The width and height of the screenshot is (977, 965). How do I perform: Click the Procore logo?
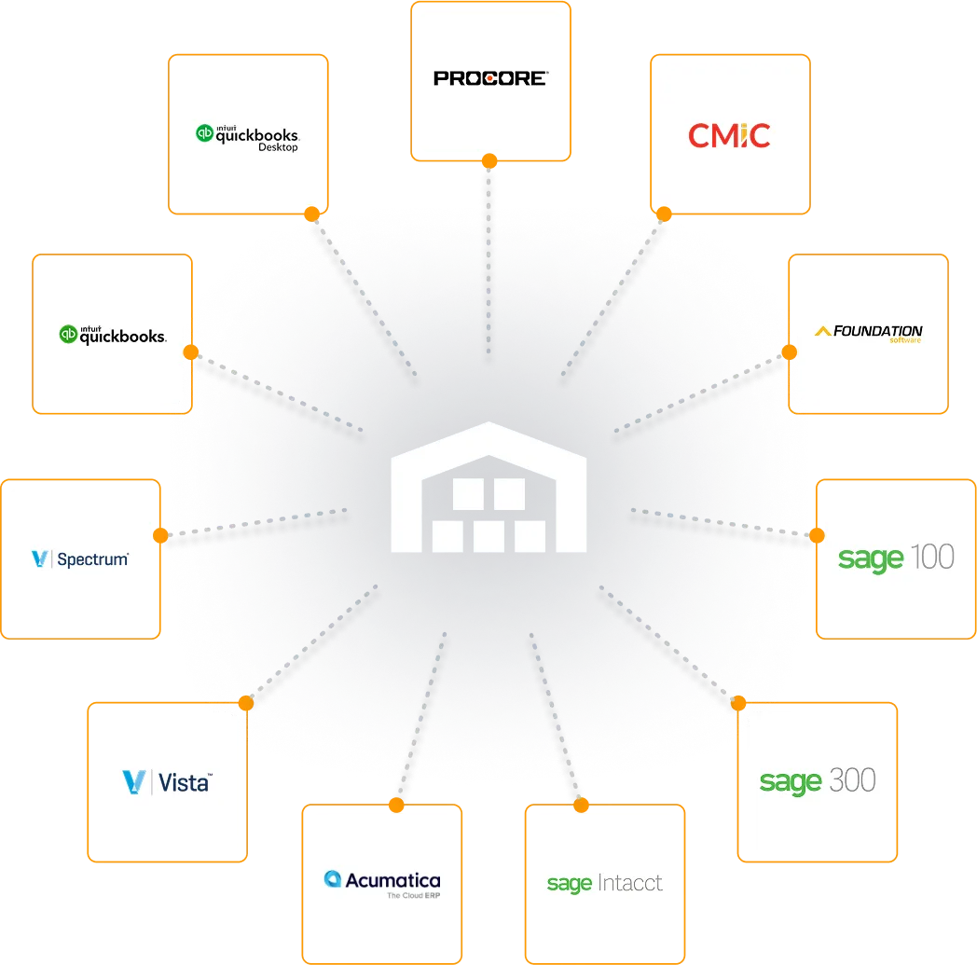[490, 78]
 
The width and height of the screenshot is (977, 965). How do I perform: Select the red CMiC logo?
[729, 136]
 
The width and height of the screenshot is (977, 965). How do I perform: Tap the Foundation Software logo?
[868, 333]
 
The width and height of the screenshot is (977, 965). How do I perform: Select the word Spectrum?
[92, 559]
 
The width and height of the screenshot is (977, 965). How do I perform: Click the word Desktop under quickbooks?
[278, 147]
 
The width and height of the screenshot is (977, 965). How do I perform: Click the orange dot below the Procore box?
[489, 159]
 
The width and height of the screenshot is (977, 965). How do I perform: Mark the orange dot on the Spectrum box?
[160, 536]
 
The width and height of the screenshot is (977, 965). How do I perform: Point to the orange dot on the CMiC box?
[664, 214]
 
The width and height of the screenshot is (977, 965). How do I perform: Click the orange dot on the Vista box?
[246, 701]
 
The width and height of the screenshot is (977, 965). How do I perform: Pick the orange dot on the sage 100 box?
[817, 535]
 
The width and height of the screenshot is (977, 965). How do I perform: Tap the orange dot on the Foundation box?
[789, 352]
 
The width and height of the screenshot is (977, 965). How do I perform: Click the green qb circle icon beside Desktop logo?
[204, 133]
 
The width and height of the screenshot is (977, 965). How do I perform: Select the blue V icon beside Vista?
[132, 781]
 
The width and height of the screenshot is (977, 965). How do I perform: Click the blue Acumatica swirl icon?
[332, 878]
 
